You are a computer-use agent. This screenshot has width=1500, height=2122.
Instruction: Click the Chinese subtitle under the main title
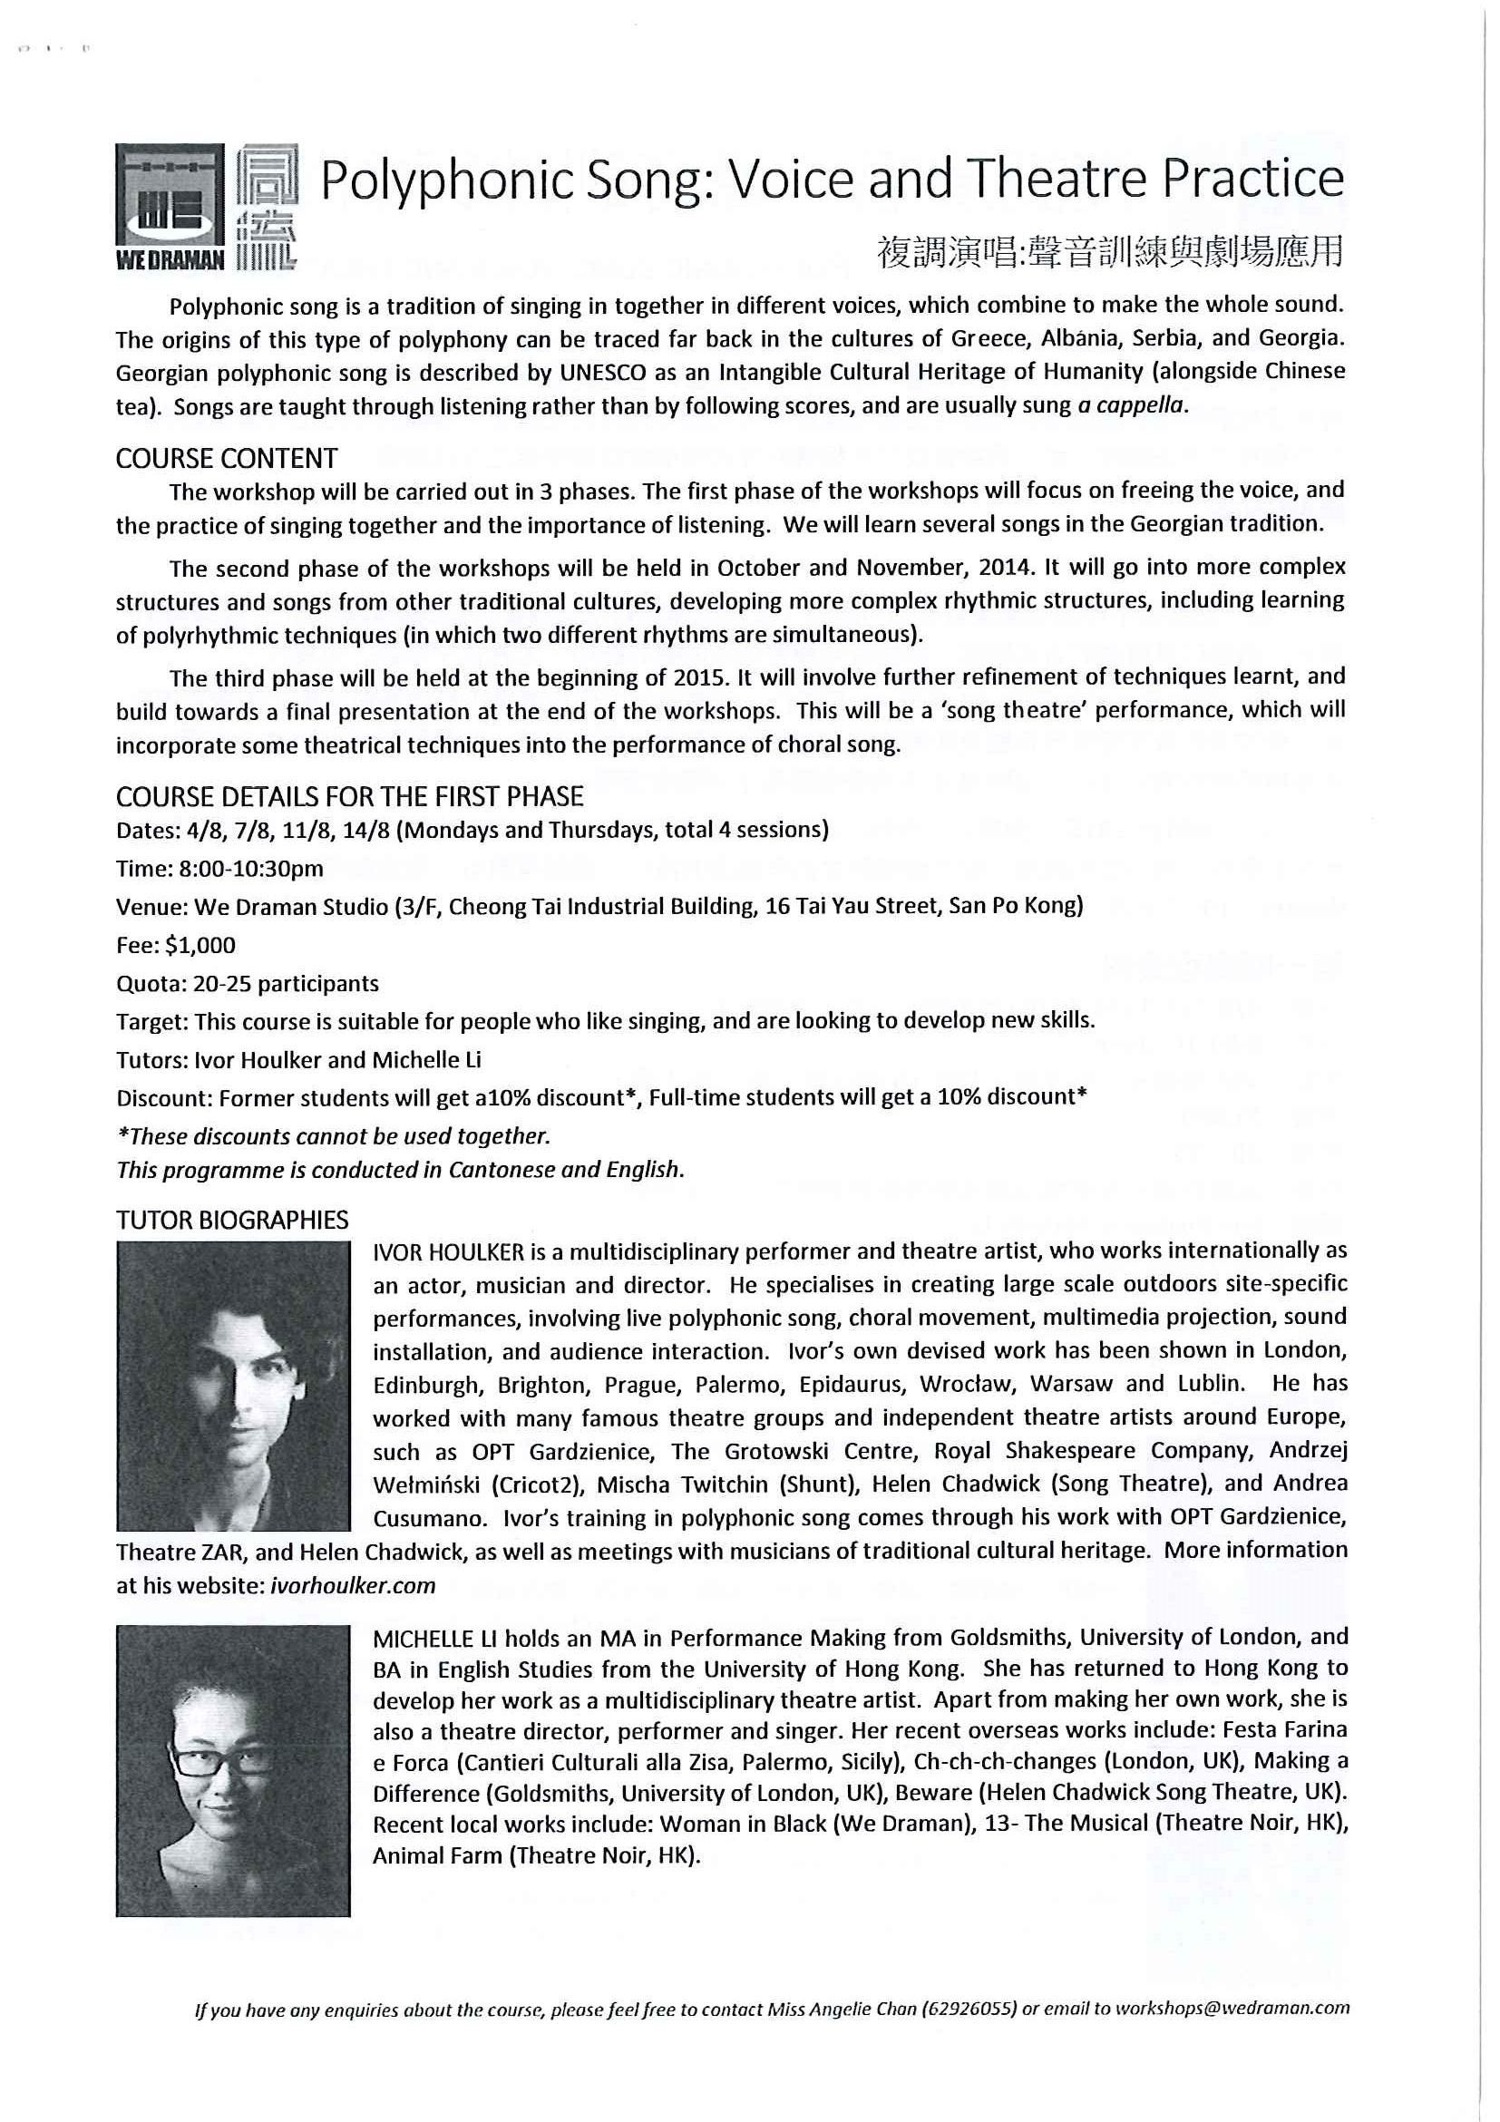[x=1110, y=251]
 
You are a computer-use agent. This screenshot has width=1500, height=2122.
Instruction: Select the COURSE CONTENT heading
[x=227, y=459]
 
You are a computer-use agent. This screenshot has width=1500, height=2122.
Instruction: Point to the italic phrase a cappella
[x=1131, y=405]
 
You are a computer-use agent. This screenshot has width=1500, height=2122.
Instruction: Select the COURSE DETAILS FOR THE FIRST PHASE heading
[x=349, y=797]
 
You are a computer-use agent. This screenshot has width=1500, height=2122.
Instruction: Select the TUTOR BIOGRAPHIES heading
[x=232, y=1220]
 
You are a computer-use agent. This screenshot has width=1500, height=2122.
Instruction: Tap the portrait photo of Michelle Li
[x=233, y=1771]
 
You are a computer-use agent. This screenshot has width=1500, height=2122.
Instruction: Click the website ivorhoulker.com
[x=352, y=1586]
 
